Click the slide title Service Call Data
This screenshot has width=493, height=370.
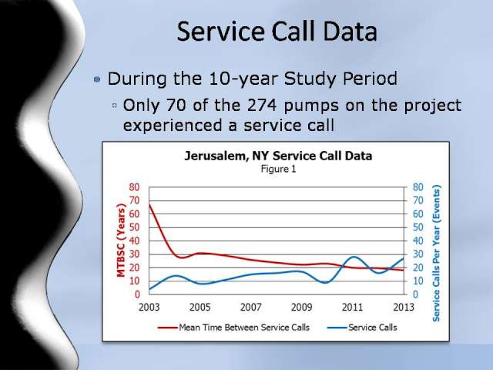[x=277, y=32]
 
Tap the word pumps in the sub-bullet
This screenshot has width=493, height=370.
[x=311, y=106]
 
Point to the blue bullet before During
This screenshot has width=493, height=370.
[x=97, y=79]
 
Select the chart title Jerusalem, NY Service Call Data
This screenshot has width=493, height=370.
[x=278, y=156]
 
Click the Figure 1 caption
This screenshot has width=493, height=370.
[x=278, y=169]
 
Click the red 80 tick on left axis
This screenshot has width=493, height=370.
[x=134, y=187]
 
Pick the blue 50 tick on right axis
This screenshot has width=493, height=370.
[x=418, y=227]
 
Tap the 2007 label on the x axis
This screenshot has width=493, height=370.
[x=250, y=307]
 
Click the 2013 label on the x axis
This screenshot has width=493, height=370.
[x=404, y=307]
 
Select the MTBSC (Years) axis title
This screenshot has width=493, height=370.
[x=121, y=240]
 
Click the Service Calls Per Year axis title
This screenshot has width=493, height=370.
[x=437, y=253]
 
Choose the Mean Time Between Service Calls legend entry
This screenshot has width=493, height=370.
[x=233, y=328]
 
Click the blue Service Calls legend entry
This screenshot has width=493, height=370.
[x=362, y=328]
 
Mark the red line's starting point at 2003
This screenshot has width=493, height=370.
[x=149, y=204]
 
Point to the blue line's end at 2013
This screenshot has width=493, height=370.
[x=404, y=259]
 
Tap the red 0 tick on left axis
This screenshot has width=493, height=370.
[x=137, y=294]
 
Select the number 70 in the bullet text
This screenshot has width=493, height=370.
[x=176, y=105]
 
